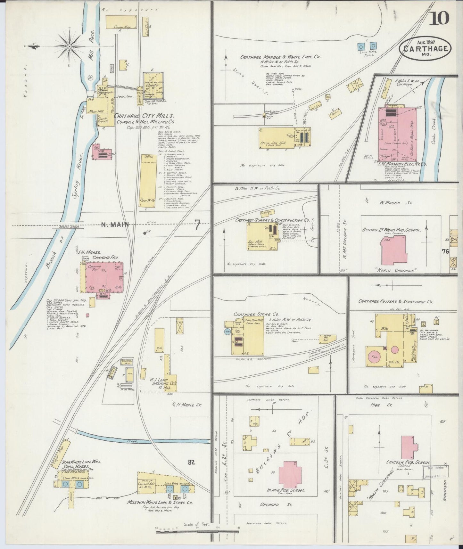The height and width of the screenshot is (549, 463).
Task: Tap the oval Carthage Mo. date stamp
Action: pos(425,49)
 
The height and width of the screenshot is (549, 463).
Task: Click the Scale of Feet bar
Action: pos(197,532)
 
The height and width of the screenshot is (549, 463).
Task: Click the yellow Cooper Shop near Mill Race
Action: pos(123,22)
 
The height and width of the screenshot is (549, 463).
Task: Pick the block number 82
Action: pos(192,462)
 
